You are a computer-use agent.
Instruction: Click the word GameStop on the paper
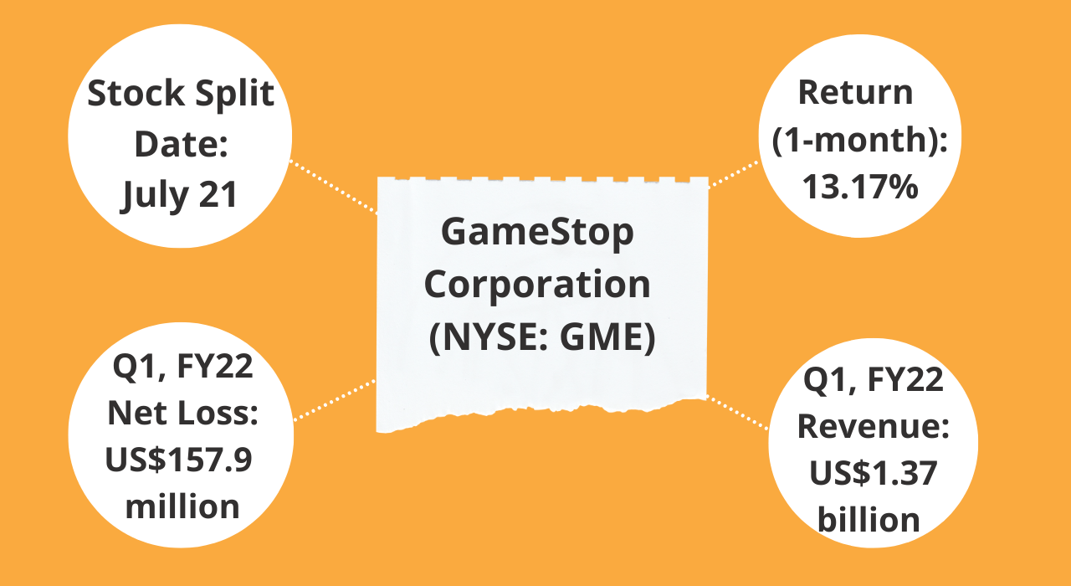(537, 233)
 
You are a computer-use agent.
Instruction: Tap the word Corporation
(537, 285)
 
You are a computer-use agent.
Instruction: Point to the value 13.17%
(860, 187)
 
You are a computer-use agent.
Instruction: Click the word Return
(856, 92)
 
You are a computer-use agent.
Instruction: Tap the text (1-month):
(859, 140)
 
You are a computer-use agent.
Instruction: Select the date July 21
(179, 195)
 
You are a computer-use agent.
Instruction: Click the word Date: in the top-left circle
(181, 143)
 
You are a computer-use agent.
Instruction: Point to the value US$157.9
(178, 460)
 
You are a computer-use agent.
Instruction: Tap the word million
(182, 506)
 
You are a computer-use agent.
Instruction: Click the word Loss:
(218, 413)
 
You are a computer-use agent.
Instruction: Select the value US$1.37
(873, 474)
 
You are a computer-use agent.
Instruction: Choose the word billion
(869, 520)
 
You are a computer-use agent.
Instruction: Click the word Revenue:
(873, 426)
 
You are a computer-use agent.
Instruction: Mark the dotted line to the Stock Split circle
(333, 187)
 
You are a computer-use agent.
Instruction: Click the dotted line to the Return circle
(734, 174)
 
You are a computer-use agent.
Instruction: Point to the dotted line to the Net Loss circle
(334, 400)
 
